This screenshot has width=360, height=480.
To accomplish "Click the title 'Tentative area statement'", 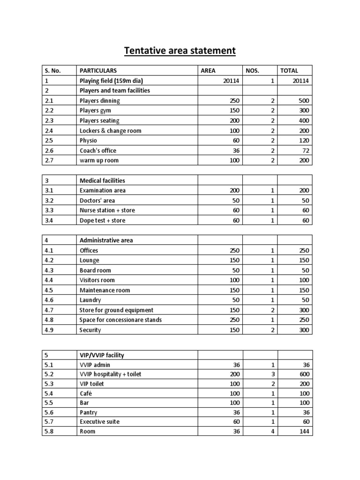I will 180,50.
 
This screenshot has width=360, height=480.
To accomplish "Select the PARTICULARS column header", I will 99,71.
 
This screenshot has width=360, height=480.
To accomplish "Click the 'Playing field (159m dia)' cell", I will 111,81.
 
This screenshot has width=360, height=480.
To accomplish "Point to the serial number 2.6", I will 49,150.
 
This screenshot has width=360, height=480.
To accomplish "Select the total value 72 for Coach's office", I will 304,150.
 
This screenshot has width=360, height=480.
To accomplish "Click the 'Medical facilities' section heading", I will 103,180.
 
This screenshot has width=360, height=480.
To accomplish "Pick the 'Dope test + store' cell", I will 103,220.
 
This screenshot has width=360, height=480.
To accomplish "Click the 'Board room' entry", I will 96,270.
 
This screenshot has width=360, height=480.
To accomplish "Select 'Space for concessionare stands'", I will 121,320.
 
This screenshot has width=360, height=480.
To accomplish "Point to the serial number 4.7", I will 49,310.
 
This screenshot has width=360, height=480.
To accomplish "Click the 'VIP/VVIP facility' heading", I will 102,355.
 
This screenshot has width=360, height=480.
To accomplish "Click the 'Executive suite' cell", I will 100,421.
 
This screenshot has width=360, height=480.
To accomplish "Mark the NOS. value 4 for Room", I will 272,431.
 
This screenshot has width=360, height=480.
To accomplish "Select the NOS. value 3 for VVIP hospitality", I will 272,375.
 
